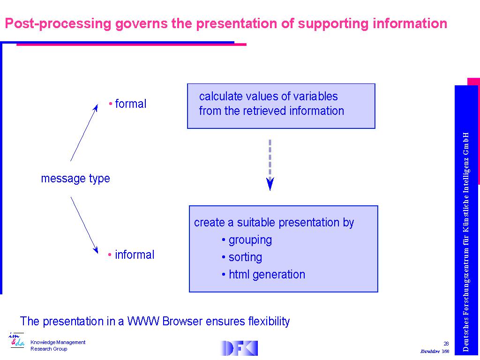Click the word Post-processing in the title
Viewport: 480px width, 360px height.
[58, 24]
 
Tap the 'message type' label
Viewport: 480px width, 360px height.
[75, 179]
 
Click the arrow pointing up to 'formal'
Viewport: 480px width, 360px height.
[84, 133]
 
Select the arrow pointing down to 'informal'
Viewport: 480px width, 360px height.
[84, 225]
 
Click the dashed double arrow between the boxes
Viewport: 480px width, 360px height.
[270, 165]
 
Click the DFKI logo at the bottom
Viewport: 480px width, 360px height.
[239, 348]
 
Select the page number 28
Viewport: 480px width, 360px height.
[446, 344]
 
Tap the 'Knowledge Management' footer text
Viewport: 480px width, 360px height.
[58, 342]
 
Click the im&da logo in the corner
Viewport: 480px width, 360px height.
[16, 340]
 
